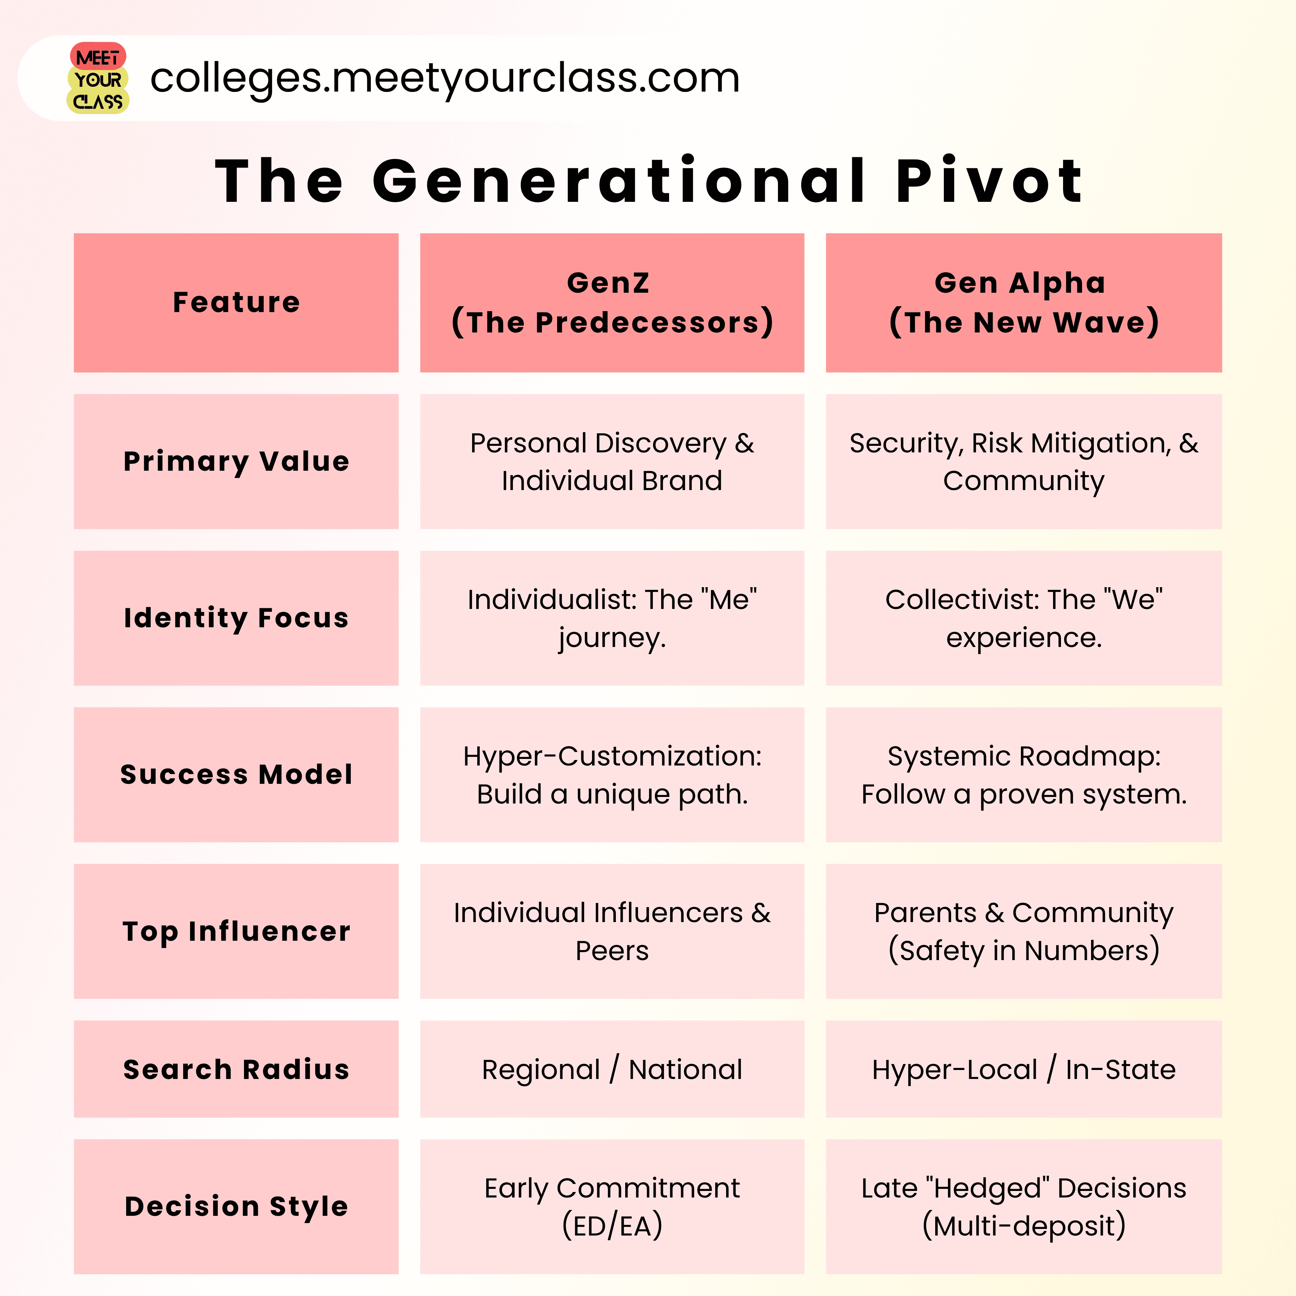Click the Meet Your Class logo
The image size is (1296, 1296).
(x=98, y=78)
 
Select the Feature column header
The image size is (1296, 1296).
(x=236, y=302)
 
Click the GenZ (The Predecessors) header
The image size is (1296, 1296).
(x=612, y=302)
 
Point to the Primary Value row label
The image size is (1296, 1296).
(x=236, y=461)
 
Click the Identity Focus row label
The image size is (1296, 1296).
(x=236, y=618)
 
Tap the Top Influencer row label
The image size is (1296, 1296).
(x=236, y=931)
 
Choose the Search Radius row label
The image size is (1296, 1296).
(x=236, y=1069)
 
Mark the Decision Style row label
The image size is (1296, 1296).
(x=236, y=1206)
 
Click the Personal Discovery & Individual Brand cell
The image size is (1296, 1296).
(x=612, y=461)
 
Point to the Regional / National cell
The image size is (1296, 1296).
(x=612, y=1069)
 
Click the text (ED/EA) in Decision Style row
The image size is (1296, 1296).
(x=612, y=1225)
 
